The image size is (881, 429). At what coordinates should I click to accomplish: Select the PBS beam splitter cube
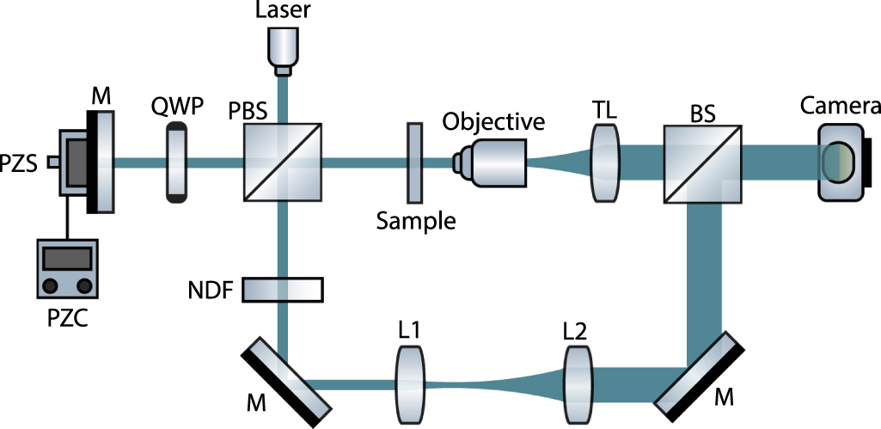[283, 161]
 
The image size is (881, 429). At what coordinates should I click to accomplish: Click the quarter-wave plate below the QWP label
[176, 162]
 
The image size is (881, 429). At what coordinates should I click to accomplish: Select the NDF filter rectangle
[283, 290]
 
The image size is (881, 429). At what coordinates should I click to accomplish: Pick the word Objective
[493, 121]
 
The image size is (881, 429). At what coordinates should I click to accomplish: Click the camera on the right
[841, 162]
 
